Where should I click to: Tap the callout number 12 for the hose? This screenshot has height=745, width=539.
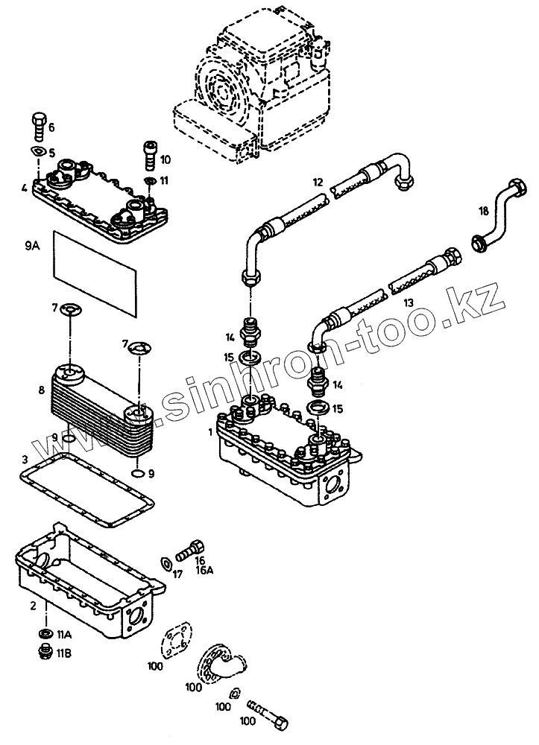[x=318, y=182]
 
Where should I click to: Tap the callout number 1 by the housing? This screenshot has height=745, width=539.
[x=211, y=431]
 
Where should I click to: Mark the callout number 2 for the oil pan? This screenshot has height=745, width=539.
[x=33, y=606]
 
